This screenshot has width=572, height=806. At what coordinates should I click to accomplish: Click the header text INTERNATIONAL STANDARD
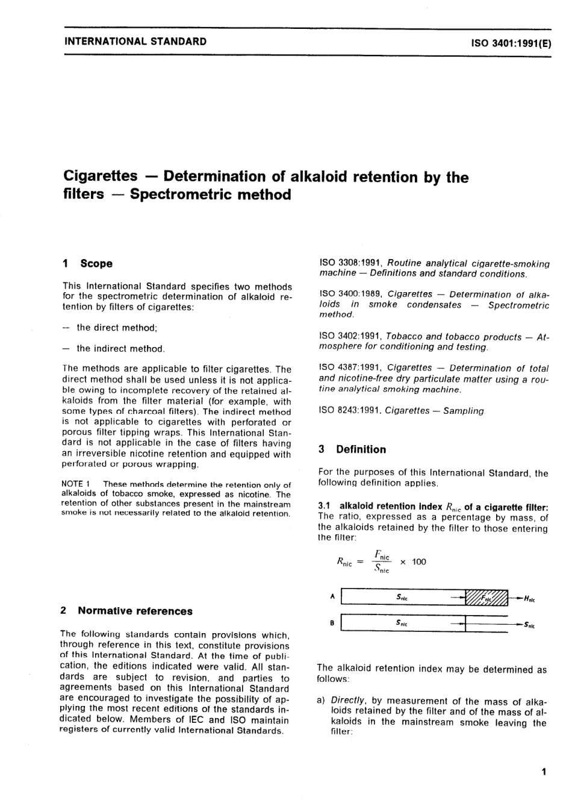135,42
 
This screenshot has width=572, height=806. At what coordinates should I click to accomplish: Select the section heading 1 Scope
88,263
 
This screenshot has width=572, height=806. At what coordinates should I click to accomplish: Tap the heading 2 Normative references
126,611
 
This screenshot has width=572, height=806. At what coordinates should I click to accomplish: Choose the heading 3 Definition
352,449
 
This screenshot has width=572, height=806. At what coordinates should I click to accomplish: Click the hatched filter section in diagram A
488,598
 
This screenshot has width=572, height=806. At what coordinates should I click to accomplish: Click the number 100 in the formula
419,562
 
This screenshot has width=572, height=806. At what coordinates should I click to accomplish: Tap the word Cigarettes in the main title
100,176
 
